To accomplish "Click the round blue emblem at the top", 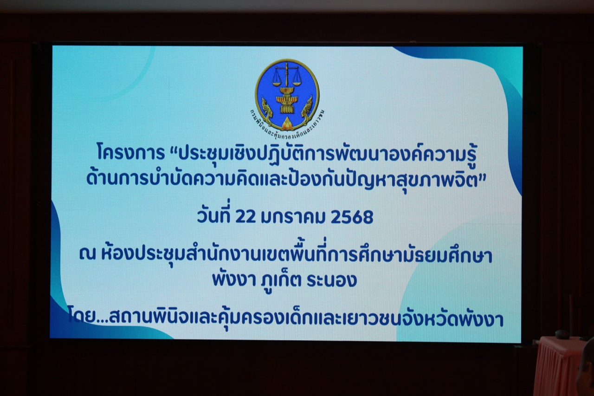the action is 287,97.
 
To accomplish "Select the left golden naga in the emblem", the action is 267,111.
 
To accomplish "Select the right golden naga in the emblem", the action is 307,111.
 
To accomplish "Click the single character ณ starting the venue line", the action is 87,256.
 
